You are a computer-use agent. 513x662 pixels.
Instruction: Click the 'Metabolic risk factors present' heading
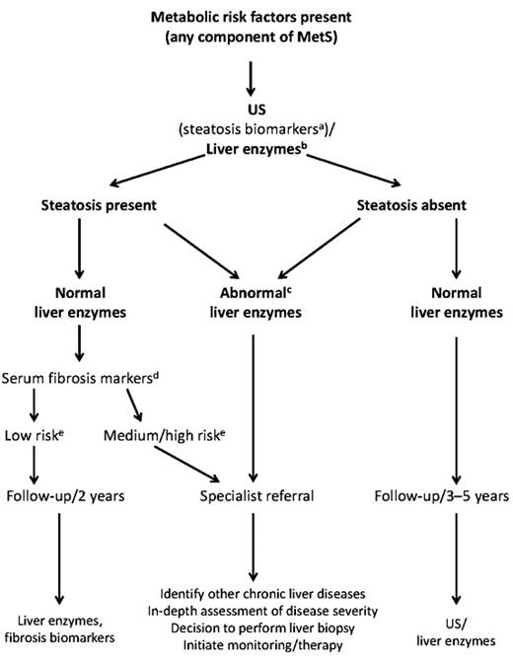pos(256,17)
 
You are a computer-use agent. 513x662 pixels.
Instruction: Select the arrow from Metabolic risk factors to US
pos(256,76)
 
